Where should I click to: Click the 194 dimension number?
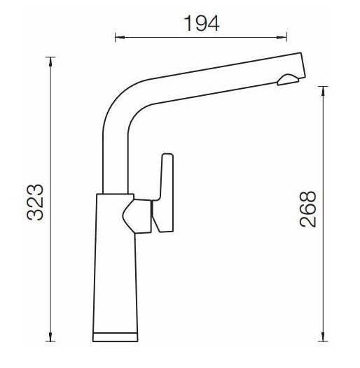pyautogui.click(x=202, y=23)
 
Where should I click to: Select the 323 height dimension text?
pyautogui.click(x=35, y=203)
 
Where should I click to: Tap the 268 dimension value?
pyautogui.click(x=308, y=209)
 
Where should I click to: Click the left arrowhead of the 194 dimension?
pyautogui.click(x=120, y=37)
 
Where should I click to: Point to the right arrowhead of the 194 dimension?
pyautogui.click(x=282, y=37)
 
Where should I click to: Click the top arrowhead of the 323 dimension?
pyautogui.click(x=50, y=62)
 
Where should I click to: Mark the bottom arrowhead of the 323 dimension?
pyautogui.click(x=50, y=337)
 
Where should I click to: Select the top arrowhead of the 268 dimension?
pyautogui.click(x=324, y=91)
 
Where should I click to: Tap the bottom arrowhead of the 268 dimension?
pyautogui.click(x=324, y=337)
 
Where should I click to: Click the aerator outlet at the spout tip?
pyautogui.click(x=288, y=80)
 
